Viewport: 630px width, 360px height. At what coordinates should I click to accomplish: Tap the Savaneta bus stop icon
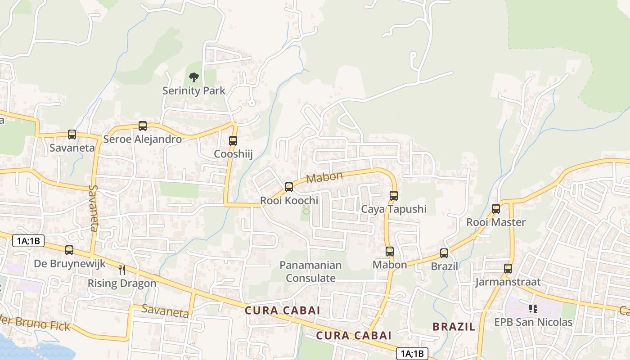coord(72,134)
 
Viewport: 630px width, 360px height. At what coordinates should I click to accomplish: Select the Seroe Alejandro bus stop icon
coord(143,126)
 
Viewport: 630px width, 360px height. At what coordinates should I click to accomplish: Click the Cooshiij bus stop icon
coord(233,141)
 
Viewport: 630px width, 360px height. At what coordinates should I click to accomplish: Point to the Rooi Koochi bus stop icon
coord(289,187)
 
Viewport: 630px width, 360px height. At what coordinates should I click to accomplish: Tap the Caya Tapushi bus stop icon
coord(394,196)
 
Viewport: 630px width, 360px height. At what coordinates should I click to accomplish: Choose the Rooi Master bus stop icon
coord(496,209)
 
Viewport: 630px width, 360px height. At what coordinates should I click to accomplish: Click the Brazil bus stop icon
coord(444,253)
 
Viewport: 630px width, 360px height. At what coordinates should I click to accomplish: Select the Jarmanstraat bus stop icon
coord(508,269)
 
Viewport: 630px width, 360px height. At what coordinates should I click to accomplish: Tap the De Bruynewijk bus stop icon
coord(69,250)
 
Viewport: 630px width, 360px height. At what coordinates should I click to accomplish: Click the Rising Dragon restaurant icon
coord(121,270)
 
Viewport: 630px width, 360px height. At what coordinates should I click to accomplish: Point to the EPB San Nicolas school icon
coord(533,309)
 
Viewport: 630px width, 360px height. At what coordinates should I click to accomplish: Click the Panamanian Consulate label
coord(310,272)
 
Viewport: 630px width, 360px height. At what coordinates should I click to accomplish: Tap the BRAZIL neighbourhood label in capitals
coord(454,327)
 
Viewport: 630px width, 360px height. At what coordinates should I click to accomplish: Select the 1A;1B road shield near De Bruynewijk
coord(28,241)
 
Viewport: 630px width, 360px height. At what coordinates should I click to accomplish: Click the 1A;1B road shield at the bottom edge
coord(411,354)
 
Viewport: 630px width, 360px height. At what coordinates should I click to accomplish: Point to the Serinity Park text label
coord(194,90)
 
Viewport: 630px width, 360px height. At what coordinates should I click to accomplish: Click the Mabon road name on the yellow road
coord(324,177)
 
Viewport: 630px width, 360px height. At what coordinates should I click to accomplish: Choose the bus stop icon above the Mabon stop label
coord(390,252)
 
